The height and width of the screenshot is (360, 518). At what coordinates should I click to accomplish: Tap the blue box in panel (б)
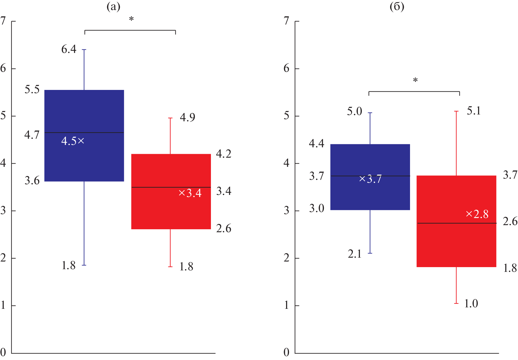370,195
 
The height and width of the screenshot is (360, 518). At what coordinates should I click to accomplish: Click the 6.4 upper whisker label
69,49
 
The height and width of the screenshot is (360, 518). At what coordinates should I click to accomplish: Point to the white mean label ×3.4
190,193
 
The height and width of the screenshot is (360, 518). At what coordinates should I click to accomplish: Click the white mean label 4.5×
73,141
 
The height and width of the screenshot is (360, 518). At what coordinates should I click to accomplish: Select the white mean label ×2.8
477,214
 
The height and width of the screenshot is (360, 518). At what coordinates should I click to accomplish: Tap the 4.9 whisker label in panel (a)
188,117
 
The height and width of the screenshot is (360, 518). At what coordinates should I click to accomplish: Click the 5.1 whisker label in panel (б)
474,111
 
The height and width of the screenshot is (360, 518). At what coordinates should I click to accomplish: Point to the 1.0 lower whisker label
471,304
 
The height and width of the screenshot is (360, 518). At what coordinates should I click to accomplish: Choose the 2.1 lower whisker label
355,254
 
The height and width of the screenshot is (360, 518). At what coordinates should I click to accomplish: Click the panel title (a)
113,7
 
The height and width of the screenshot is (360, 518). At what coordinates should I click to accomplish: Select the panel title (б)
397,7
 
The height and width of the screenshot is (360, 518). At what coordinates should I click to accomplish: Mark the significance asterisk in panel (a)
131,20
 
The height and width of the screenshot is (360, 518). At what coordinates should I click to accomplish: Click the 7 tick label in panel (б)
286,21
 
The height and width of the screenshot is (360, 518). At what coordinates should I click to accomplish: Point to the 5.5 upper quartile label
32,89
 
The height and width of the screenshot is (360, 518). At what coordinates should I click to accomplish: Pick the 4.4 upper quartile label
317,144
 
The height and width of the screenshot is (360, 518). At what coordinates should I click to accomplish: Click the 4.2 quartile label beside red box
224,154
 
